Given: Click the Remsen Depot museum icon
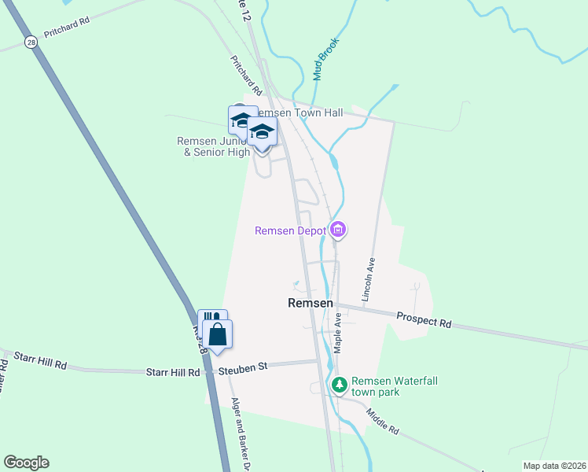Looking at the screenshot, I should pyautogui.click(x=339, y=230).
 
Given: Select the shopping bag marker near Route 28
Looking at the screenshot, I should pyautogui.click(x=218, y=334).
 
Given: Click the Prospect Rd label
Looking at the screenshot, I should pyautogui.click(x=424, y=319).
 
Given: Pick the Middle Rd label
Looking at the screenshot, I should pyautogui.click(x=383, y=422).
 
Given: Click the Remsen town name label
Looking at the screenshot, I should pyautogui.click(x=311, y=303).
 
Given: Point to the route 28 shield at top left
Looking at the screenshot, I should pyautogui.click(x=30, y=42).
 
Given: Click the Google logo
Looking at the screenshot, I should pyautogui.click(x=26, y=463).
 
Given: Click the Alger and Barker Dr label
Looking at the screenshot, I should pyautogui.click(x=241, y=431).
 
